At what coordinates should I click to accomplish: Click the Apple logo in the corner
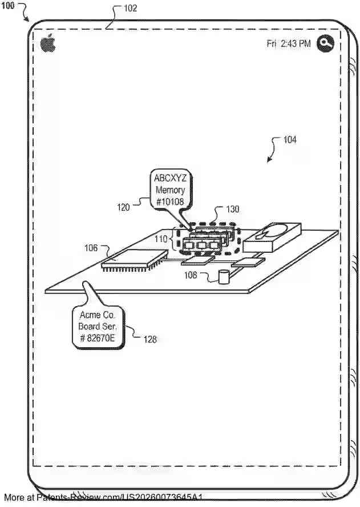[48, 43]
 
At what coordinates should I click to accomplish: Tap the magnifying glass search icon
[325, 43]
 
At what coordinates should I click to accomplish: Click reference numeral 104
[289, 139]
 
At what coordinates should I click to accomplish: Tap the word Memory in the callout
[170, 190]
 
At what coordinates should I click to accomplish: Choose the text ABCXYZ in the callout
[170, 178]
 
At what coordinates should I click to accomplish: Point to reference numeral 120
[124, 207]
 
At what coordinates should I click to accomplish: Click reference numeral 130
[233, 210]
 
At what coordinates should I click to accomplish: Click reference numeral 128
[150, 339]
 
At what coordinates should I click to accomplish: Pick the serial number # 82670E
[96, 337]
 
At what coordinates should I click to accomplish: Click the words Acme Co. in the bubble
[96, 315]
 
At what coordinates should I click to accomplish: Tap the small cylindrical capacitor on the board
[224, 277]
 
